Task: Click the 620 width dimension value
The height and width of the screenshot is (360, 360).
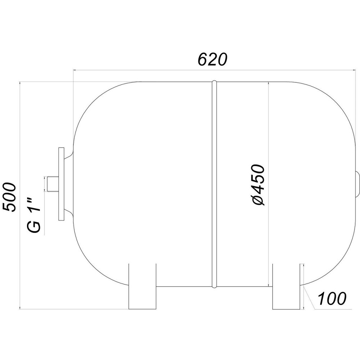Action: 213,59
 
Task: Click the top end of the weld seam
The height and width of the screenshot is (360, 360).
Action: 214,82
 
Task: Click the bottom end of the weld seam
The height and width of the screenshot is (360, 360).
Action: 214,286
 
